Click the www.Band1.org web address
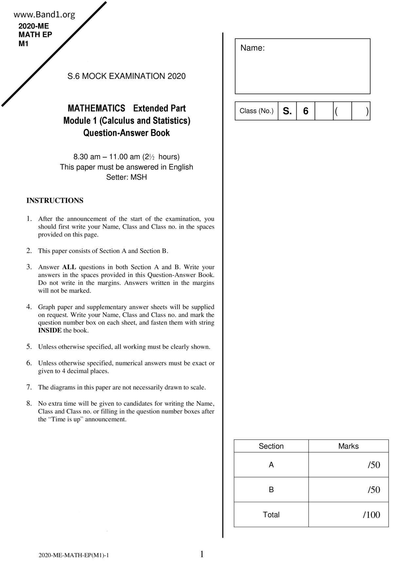[x=45, y=14]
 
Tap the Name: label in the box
[x=252, y=48]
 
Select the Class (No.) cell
[x=256, y=111]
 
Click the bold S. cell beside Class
[x=287, y=111]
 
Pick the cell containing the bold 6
[x=305, y=111]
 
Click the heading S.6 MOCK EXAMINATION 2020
[x=126, y=76]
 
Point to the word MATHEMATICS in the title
[x=96, y=108]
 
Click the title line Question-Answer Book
[x=126, y=133]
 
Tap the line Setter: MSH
[x=126, y=177]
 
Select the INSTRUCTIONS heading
[x=55, y=201]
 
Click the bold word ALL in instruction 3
[x=69, y=267]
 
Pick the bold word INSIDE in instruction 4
[x=50, y=331]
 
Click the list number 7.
[x=29, y=387]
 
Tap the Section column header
[x=271, y=446]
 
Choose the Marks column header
[x=348, y=446]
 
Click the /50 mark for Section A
[x=374, y=465]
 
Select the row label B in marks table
[x=271, y=490]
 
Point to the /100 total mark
[x=372, y=515]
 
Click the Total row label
[x=271, y=515]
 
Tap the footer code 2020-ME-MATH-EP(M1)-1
[x=74, y=555]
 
